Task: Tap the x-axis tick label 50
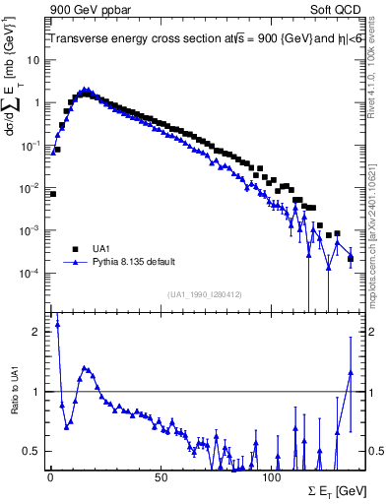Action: [160, 477]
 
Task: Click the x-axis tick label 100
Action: [271, 477]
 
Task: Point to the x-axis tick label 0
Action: [50, 477]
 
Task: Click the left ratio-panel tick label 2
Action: [37, 332]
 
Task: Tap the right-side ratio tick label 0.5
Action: [375, 451]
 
